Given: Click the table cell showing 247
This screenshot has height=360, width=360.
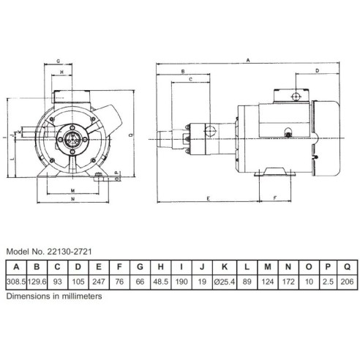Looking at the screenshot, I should [x=99, y=282].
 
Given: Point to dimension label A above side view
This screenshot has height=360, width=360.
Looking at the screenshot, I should [x=250, y=58].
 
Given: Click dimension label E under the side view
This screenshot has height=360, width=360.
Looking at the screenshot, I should [x=209, y=198].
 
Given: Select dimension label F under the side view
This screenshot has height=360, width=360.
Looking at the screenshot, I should [x=274, y=198].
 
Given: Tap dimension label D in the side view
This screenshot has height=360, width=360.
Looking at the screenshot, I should [x=317, y=71].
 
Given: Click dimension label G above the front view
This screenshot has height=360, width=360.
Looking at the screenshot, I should [x=58, y=62].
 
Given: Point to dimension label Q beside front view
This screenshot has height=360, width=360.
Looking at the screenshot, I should [x=130, y=135].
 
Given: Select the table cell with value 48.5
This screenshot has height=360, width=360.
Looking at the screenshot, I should [x=162, y=282].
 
